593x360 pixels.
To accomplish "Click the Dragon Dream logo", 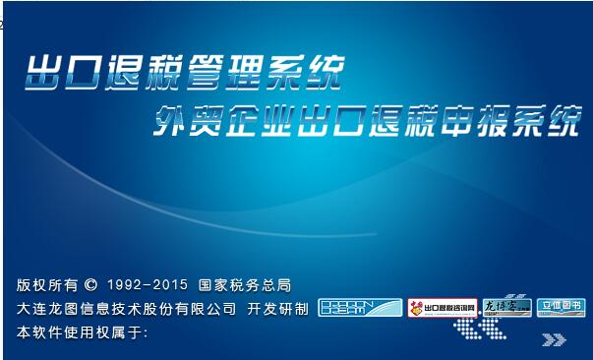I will pos(360,308).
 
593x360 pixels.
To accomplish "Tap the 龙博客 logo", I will pos(507,308).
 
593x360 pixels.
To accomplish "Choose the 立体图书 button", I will pos(562,307).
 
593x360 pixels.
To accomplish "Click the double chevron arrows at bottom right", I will pos(555,340).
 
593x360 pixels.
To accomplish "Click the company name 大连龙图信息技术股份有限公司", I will pos(127,309).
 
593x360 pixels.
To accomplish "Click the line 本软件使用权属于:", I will pos(82,332).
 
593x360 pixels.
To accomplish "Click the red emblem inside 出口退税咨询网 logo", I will pos(417,308).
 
